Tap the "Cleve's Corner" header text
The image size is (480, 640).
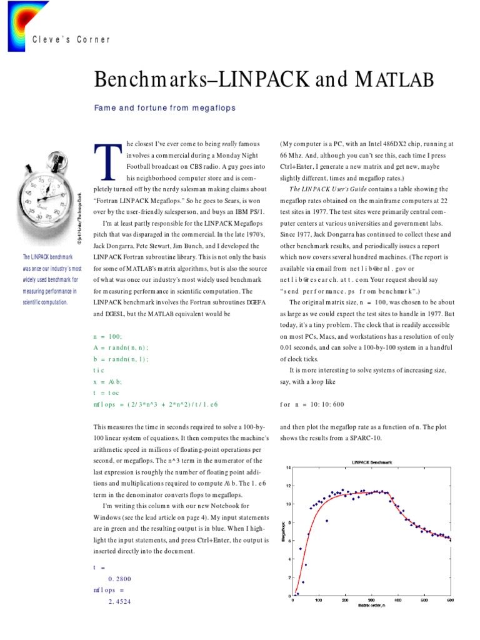coord(71,39)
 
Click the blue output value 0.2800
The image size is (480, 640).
coord(120,579)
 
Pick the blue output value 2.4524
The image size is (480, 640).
coord(120,602)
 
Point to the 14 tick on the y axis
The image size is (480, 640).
coord(287,467)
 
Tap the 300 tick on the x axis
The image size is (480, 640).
coord(372,601)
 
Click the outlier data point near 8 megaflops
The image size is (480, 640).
coord(327,520)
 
